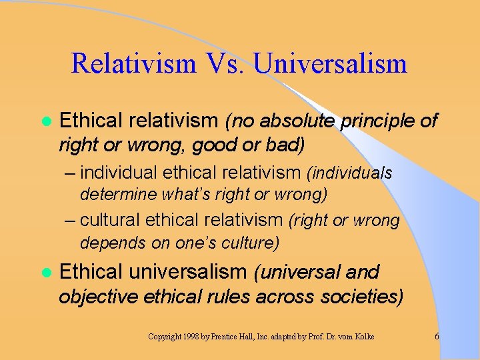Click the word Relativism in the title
(133, 64)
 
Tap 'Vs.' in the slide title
(225, 64)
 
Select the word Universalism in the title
(331, 64)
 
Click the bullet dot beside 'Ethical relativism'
(45, 121)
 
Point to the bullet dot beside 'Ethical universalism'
(45, 273)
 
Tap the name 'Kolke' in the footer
(361, 337)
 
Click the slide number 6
(437, 337)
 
